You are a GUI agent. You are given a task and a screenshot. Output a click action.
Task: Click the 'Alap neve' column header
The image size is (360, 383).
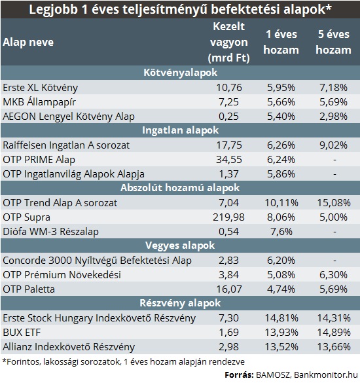point(28,43)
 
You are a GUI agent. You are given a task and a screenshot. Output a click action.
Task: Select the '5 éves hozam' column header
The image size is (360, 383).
point(334,42)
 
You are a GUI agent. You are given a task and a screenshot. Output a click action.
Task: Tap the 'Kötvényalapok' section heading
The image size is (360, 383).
point(180,73)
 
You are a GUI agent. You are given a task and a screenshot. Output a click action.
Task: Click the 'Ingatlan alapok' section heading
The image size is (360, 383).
point(180,130)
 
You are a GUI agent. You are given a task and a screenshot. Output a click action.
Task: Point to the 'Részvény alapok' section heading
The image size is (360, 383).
point(180,303)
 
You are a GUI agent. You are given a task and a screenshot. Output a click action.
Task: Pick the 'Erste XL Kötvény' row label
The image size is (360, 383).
point(41,88)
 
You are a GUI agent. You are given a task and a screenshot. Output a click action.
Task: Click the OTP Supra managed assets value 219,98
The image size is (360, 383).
point(228,217)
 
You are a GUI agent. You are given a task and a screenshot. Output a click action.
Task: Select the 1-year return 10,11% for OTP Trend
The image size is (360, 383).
point(281,203)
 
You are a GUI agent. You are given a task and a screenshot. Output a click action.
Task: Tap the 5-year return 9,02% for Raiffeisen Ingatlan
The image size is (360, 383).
point(333,145)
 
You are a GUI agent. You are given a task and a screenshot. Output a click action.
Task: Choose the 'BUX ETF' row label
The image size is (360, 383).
point(22,333)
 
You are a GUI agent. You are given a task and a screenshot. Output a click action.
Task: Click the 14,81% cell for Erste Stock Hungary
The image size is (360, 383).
point(281,318)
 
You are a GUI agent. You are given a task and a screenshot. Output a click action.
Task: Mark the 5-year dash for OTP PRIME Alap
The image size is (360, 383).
point(334,160)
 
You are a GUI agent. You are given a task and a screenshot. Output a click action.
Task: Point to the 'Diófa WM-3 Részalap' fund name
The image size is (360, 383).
point(51,232)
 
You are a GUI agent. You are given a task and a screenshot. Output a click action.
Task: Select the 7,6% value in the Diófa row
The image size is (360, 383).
point(281,232)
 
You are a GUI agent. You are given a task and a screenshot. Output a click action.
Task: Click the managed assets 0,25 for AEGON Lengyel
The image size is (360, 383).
point(228,117)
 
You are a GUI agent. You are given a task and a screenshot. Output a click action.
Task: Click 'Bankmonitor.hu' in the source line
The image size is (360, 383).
point(325,374)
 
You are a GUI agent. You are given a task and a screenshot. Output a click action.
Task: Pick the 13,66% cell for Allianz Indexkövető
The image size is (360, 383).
point(334,347)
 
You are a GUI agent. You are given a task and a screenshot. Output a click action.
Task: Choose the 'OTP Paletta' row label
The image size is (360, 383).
point(29,289)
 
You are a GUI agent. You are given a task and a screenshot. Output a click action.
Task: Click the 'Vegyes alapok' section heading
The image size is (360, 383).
point(180,246)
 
